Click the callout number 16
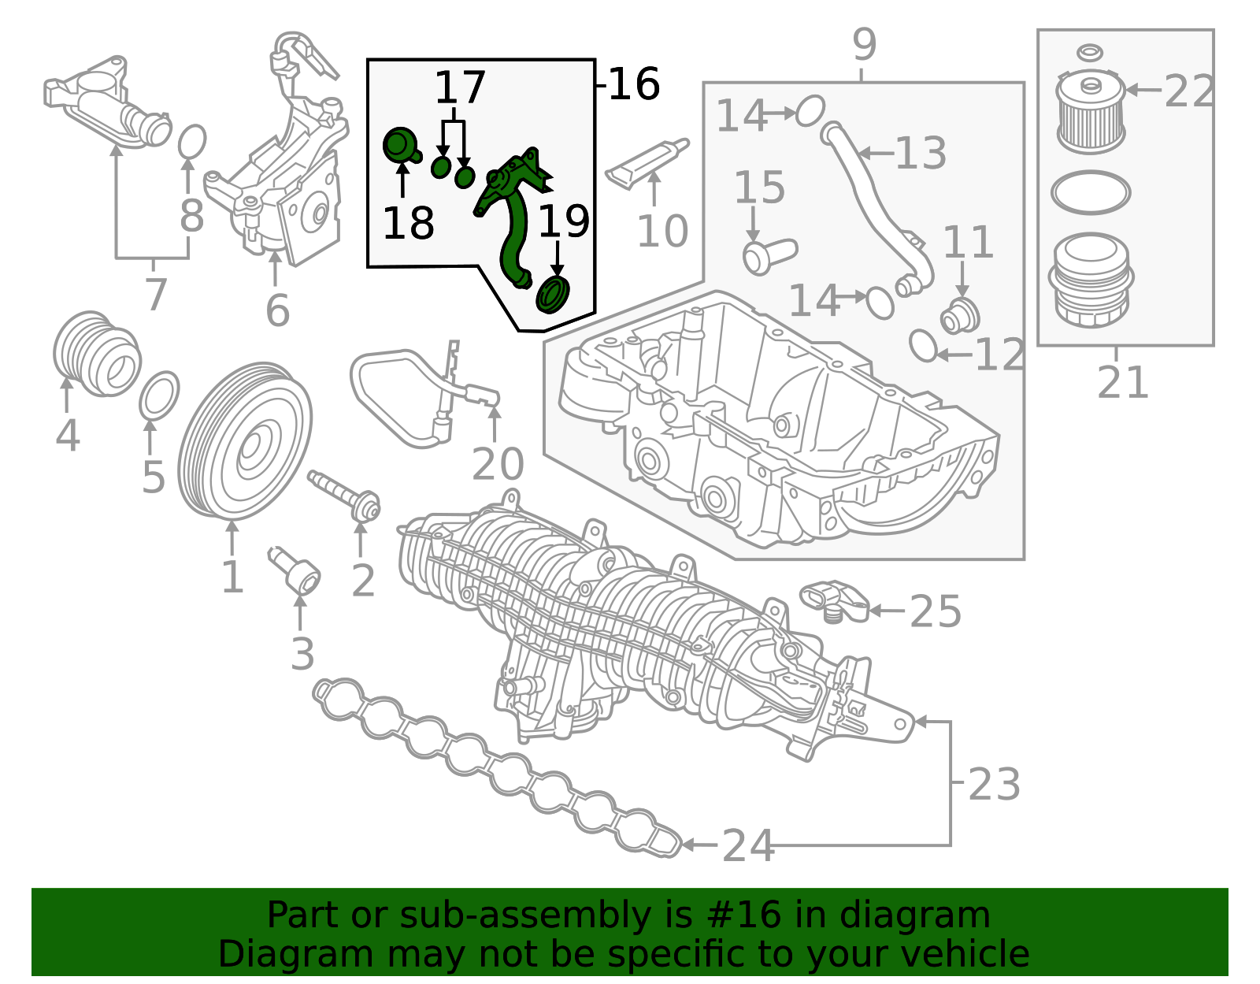(634, 84)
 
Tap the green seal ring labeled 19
(553, 295)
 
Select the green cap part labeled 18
(402, 146)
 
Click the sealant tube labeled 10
(647, 163)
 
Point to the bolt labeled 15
(769, 255)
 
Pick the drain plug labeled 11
(960, 317)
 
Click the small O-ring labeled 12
(923, 346)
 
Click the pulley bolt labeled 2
(344, 495)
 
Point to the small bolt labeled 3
(294, 571)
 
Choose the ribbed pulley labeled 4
(97, 355)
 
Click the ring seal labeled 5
(159, 395)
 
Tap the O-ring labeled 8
(191, 141)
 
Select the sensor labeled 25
(835, 601)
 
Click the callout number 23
(995, 784)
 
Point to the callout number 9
(865, 44)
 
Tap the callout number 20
(498, 464)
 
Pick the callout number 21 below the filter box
(1122, 382)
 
